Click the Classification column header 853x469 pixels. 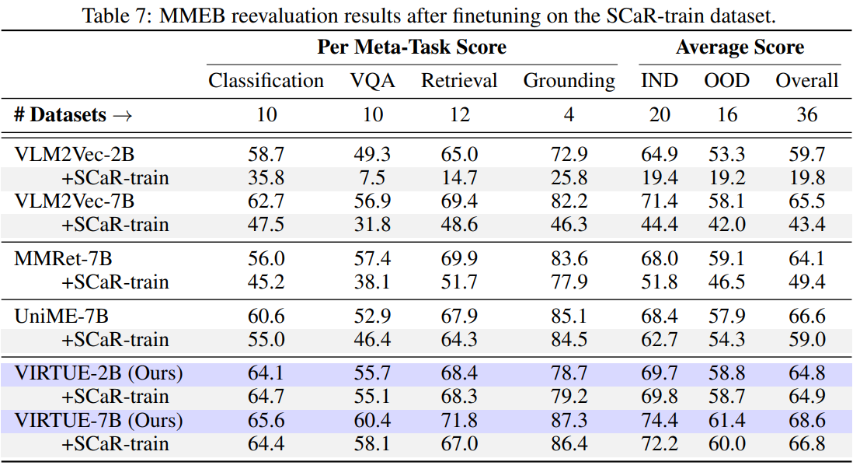(266, 81)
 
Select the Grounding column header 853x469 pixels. (569, 81)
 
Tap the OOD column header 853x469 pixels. (726, 81)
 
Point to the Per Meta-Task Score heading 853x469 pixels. (412, 47)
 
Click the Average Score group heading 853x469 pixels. (740, 47)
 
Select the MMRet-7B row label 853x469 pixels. (64, 259)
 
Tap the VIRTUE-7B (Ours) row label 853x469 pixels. (99, 421)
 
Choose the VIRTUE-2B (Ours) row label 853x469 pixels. (99, 374)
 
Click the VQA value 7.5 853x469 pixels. (373, 178)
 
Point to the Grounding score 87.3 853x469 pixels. (569, 421)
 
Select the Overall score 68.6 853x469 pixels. (807, 421)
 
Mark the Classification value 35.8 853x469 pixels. (266, 178)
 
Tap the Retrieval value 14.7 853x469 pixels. (460, 178)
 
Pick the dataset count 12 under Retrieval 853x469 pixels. (460, 115)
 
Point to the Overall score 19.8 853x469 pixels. (807, 178)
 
